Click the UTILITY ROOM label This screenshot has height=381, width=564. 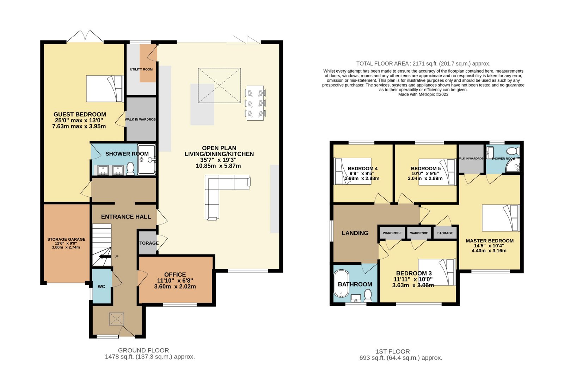coord(141,69)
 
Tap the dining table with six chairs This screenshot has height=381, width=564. coord(255,103)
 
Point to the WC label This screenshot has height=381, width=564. coord(101,287)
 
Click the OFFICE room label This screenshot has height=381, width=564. coord(175,275)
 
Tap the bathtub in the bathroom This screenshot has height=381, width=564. coord(341,284)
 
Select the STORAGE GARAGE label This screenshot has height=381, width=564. coord(67,239)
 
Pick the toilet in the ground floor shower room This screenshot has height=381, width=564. coord(130,168)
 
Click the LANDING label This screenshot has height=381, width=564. coord(355,233)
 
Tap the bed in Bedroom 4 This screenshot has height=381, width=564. coord(352,171)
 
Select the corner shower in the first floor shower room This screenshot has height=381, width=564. coord(513,165)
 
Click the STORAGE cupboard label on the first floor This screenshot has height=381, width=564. coord(445,233)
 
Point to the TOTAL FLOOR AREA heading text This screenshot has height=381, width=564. coord(423,64)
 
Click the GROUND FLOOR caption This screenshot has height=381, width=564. coord(143,350)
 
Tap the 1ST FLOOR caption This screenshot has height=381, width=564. coord(393,351)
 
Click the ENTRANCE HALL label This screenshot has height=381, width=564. coord(126,217)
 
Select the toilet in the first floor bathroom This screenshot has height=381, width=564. coord(368,295)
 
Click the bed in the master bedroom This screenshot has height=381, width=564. coord(501,218)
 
